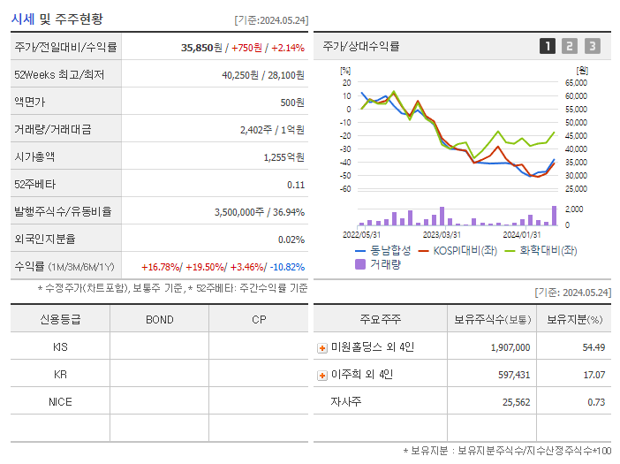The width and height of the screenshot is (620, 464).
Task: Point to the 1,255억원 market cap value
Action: [284, 156]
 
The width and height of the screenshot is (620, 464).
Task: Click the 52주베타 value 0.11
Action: [296, 184]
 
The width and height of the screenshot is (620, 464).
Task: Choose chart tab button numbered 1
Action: [548, 46]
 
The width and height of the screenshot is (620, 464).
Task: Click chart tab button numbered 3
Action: [592, 46]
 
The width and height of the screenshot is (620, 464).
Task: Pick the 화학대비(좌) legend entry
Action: [540, 250]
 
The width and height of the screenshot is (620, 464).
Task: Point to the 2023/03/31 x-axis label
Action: [442, 234]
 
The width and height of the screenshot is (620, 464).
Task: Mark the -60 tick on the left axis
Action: [345, 188]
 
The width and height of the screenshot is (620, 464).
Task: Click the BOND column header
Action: [159, 319]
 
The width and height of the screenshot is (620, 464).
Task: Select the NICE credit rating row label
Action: [60, 401]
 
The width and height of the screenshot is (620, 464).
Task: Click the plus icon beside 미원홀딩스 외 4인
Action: [322, 348]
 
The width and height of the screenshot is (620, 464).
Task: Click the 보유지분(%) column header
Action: [574, 319]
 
